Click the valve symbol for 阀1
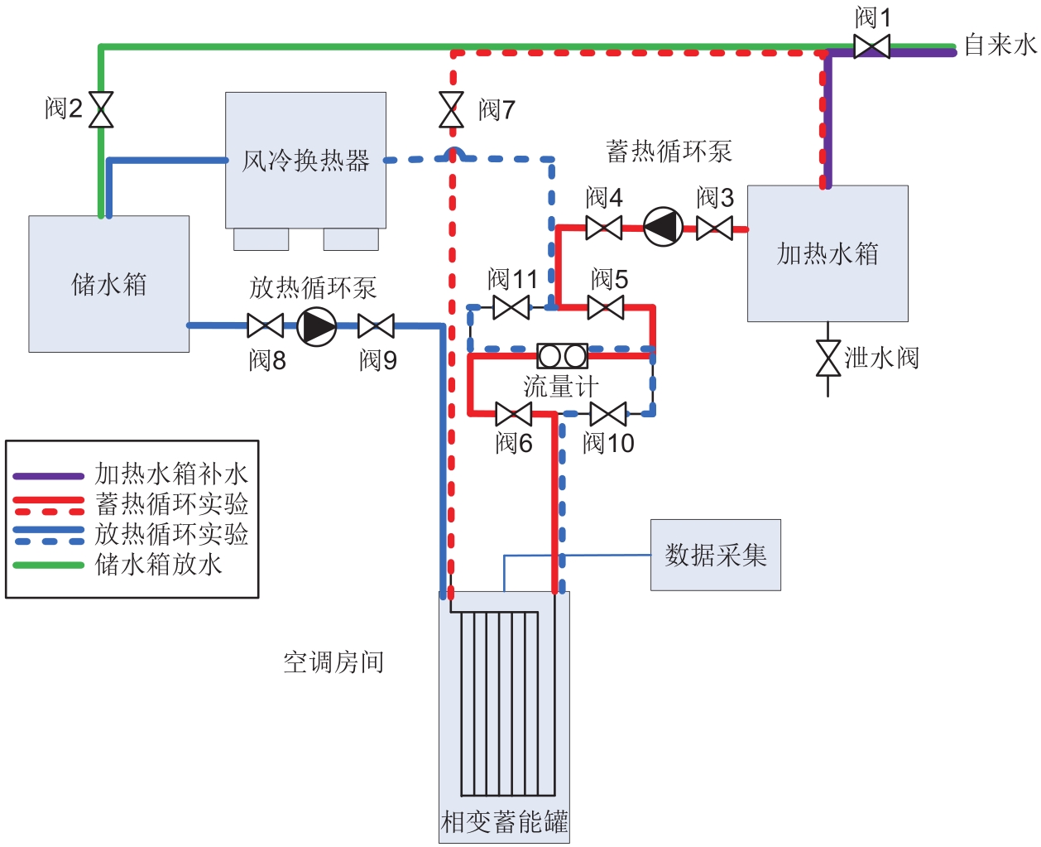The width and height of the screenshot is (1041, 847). pos(871,46)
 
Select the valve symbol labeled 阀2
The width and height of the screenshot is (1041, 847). pos(101,109)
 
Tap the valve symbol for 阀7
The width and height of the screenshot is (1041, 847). pos(451,109)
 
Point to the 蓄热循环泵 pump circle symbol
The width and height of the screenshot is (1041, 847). pos(663,227)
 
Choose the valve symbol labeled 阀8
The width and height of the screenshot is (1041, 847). pos(265,326)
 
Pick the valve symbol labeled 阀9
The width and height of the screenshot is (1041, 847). pos(376,326)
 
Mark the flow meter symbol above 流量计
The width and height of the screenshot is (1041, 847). pos(563,356)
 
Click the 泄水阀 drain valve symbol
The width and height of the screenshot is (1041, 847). pos(828,358)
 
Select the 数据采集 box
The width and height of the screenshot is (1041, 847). pos(716,555)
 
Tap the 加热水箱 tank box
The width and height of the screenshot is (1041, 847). pos(828,253)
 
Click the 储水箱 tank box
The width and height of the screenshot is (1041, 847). pos(109,284)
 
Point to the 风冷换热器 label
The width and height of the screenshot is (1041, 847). pos(305,161)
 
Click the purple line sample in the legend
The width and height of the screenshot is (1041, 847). pos(48,476)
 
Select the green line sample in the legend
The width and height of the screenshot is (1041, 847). pos(48,565)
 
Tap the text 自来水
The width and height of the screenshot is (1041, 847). pos(1000,45)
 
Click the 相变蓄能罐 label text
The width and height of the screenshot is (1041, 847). pos(504,822)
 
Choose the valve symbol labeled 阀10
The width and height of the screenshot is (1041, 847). pos(608,414)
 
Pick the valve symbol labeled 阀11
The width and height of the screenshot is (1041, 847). pos(511,308)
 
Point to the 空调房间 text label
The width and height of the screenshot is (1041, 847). pos(333,662)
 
